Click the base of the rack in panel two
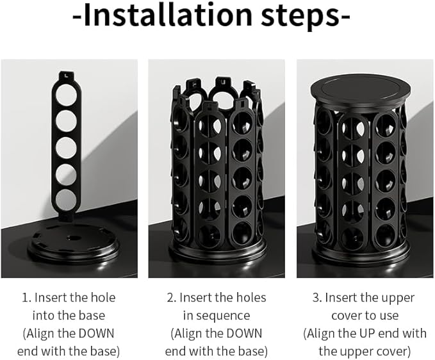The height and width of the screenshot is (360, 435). tap(217, 252)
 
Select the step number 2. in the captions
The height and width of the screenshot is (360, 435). tap(170, 298)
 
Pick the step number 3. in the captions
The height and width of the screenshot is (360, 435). tap(316, 298)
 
